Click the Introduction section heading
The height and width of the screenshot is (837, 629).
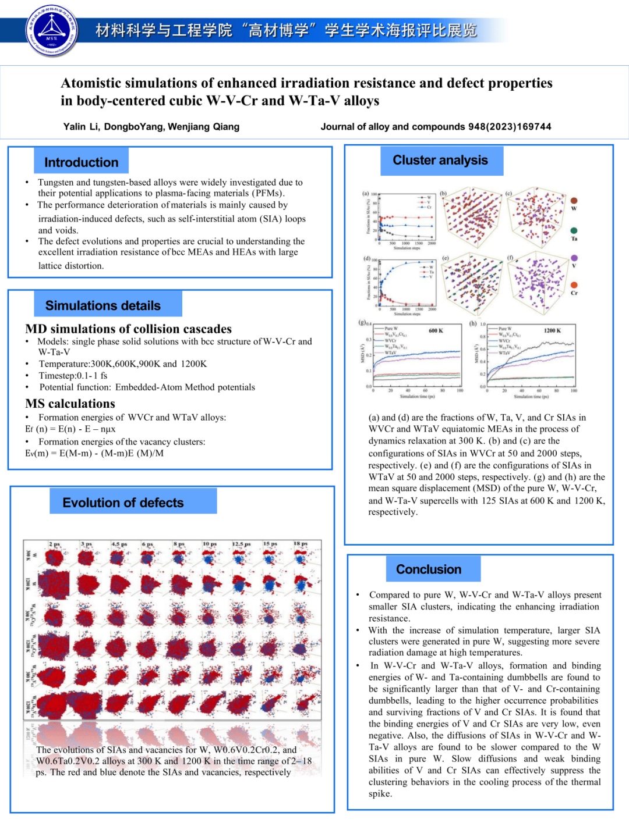click(81, 162)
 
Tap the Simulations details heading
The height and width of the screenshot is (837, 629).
click(103, 305)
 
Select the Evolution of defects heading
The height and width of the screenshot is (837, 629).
click(123, 503)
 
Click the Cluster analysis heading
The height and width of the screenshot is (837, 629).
click(440, 160)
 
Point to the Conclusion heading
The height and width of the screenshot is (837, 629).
click(429, 569)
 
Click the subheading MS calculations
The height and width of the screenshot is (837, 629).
click(70, 404)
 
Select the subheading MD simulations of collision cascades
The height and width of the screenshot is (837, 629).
click(128, 329)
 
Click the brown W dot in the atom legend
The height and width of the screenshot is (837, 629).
click(574, 201)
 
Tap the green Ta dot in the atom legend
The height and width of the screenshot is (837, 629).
click(574, 231)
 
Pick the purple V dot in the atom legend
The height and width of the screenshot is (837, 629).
click(574, 258)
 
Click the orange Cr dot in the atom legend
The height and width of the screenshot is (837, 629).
click(574, 285)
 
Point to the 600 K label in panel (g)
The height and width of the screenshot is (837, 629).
click(436, 330)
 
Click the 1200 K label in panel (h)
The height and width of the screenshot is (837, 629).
click(552, 330)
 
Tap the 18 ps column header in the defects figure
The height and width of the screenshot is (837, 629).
click(301, 544)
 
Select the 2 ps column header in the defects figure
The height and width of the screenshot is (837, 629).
click(55, 544)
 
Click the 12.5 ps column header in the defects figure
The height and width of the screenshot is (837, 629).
click(241, 544)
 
